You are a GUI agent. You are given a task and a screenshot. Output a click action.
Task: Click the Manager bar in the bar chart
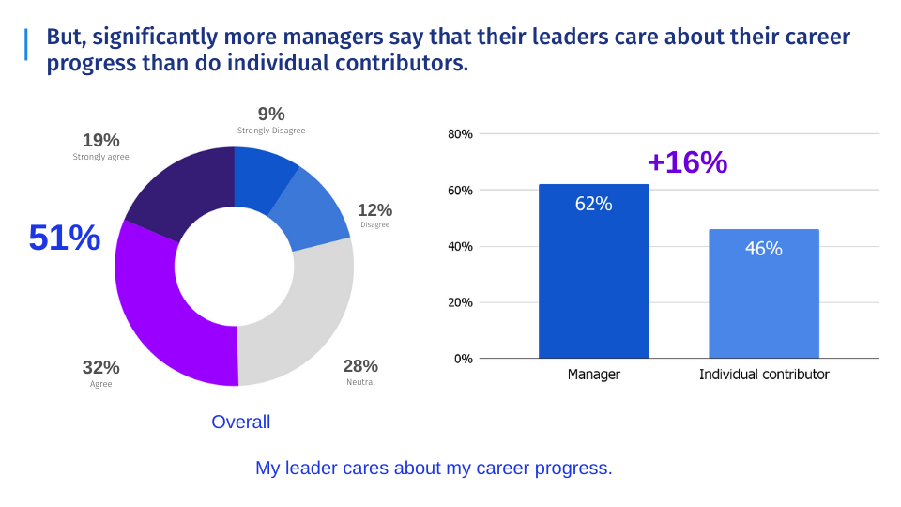[x=593, y=282]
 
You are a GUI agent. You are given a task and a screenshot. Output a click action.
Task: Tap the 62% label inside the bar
[x=593, y=204]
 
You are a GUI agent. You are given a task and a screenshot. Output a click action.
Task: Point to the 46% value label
[x=764, y=249]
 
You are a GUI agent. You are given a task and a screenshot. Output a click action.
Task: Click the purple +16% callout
[x=687, y=162]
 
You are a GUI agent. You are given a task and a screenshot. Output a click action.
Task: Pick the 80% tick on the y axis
[x=461, y=134]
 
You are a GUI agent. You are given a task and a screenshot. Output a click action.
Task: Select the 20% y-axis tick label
[x=461, y=302]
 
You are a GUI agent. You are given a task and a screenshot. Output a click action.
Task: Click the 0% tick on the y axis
[x=464, y=359]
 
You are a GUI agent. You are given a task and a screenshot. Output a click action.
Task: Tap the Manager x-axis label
[x=593, y=375]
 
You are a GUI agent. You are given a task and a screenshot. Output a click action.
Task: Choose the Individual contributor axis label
[x=764, y=375]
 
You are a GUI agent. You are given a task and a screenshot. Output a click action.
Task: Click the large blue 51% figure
[x=64, y=238]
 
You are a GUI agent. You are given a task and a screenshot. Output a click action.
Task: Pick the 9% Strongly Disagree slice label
[x=271, y=120]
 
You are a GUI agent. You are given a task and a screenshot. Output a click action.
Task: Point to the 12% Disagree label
[x=374, y=215]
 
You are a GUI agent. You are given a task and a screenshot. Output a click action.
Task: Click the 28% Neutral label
[x=360, y=371]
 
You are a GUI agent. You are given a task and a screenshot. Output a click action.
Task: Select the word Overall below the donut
[x=241, y=422]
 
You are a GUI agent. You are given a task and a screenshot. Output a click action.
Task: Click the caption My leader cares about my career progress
[x=434, y=468]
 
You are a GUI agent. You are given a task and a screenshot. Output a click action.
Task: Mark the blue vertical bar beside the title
[x=26, y=44]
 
